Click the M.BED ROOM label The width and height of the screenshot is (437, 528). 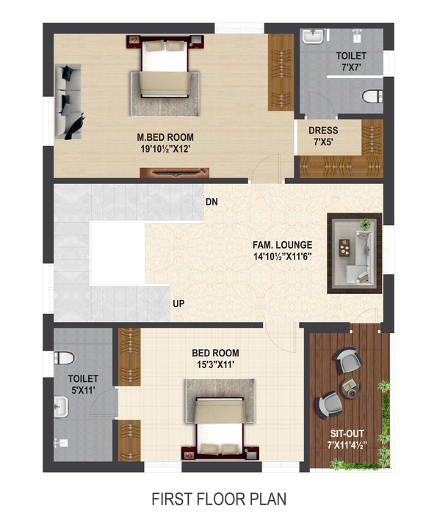(x=165, y=137)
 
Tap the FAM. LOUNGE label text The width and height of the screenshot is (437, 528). (x=283, y=245)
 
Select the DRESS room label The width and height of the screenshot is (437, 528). (x=323, y=131)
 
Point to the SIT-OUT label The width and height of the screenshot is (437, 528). (x=347, y=433)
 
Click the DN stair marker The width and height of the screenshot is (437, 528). (x=212, y=202)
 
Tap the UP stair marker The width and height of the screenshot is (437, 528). (x=178, y=304)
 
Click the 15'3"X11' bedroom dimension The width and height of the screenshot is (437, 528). (x=215, y=364)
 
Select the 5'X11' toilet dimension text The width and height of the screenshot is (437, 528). (x=83, y=390)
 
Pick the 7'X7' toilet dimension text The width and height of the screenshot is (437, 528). (x=351, y=67)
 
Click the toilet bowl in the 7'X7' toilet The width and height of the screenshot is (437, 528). (x=372, y=96)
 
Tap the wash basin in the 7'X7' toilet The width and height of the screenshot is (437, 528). (x=314, y=37)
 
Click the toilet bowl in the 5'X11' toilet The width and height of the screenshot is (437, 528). (x=64, y=358)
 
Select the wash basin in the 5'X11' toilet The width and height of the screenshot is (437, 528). (x=61, y=407)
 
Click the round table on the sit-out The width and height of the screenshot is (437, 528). (x=351, y=388)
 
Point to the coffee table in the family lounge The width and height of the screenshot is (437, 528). (x=344, y=248)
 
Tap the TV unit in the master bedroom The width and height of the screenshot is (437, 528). (x=174, y=172)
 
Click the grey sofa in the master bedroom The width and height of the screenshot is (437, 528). (x=68, y=101)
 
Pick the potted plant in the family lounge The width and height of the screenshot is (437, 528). (x=365, y=223)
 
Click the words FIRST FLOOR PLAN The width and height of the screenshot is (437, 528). (x=219, y=499)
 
